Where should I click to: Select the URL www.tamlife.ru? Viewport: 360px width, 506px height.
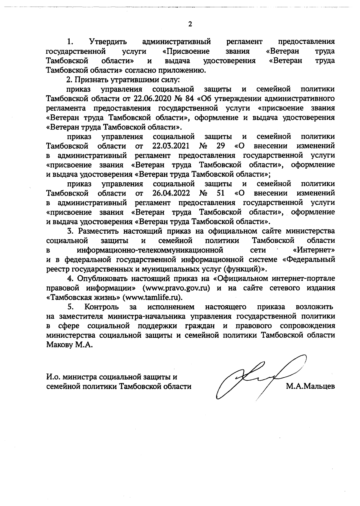click(152, 298)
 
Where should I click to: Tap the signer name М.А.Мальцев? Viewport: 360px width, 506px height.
click(310, 386)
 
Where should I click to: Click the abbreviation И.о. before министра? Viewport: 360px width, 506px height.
click(54, 377)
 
